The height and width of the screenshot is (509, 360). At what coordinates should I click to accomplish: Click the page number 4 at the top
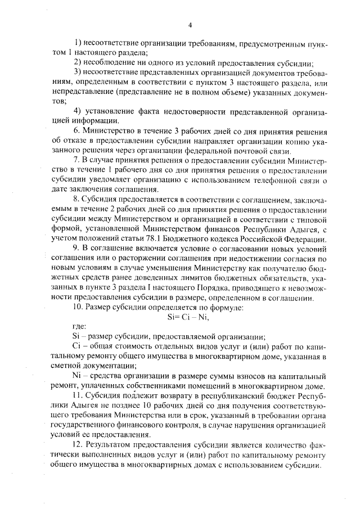[190, 25]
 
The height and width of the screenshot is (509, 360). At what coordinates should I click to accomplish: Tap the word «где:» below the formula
[80, 327]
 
